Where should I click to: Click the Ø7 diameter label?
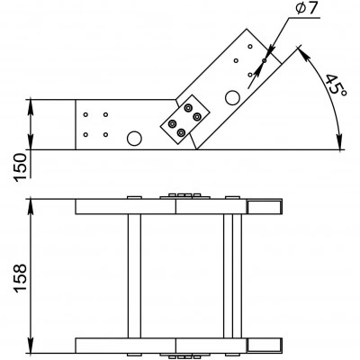[306, 9]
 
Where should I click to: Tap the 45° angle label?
[336, 85]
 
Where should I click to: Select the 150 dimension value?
[21, 166]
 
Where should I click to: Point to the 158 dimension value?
[21, 278]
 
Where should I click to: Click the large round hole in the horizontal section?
[134, 139]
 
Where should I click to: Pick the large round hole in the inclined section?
[232, 97]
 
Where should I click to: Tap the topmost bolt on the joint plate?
[188, 108]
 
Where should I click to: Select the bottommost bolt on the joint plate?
[181, 132]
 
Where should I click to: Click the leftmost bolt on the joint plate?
[172, 123]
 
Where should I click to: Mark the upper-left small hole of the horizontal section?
[85, 114]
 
